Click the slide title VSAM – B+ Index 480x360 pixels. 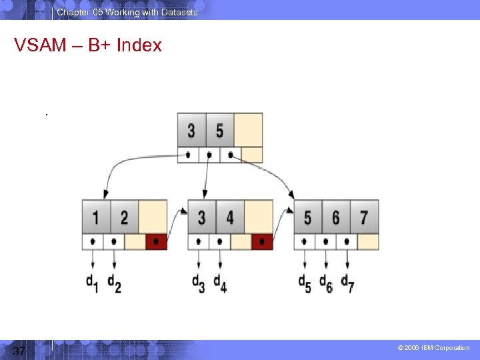pyautogui.click(x=88, y=45)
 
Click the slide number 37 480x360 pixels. pyautogui.click(x=19, y=351)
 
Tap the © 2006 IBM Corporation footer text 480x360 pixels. pyautogui.click(x=433, y=348)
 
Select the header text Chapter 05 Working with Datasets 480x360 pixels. pyautogui.click(x=127, y=12)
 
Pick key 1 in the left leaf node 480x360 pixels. pyautogui.click(x=96, y=217)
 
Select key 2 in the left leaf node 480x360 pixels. pyautogui.click(x=125, y=217)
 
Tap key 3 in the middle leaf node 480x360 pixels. pyautogui.click(x=201, y=217)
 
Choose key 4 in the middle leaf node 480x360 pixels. pyautogui.click(x=230, y=217)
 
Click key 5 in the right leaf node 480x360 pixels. pyautogui.click(x=307, y=217)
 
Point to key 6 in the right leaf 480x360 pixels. pyautogui.click(x=335, y=217)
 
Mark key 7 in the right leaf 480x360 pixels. pyautogui.click(x=364, y=217)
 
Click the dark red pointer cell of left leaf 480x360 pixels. pyautogui.click(x=157, y=241)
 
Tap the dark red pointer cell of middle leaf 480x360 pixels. pyautogui.click(x=262, y=241)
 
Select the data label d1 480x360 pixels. pyautogui.click(x=92, y=283)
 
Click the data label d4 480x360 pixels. pyautogui.click(x=219, y=283)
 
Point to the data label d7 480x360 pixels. pyautogui.click(x=347, y=283)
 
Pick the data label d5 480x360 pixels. pyautogui.click(x=305, y=283)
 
